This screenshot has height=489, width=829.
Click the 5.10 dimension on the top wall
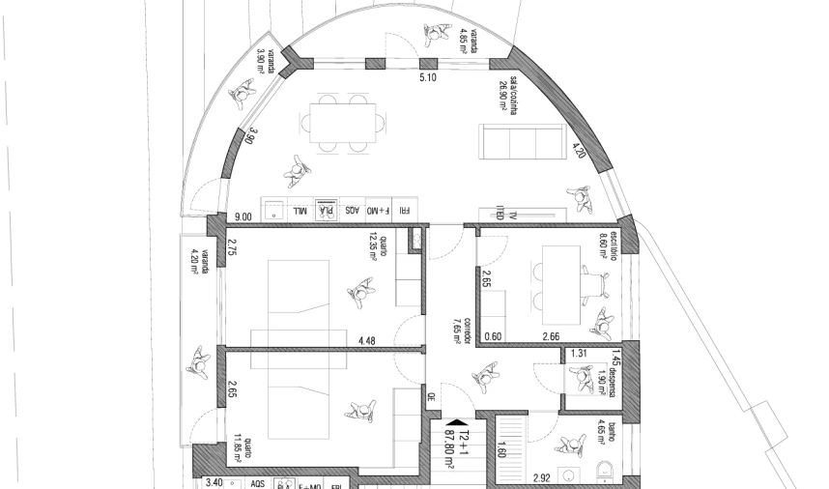point(427,76)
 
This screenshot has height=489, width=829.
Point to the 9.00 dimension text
point(242,217)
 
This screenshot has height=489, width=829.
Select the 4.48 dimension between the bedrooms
point(366,340)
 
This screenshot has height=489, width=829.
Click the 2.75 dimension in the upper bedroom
point(232,247)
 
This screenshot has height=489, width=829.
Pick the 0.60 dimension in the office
point(492,336)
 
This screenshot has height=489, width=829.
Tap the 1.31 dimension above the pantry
point(580,354)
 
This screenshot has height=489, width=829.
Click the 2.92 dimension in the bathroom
point(543,477)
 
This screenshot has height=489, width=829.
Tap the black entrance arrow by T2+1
point(451,421)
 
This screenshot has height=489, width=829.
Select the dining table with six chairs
point(343,123)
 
